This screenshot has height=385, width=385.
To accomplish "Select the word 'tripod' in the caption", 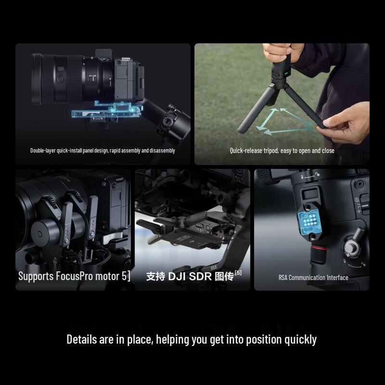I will coord(272,151).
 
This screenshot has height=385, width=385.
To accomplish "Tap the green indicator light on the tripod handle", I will coord(285,74).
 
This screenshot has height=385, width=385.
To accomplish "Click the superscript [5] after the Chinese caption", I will coord(238,273).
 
